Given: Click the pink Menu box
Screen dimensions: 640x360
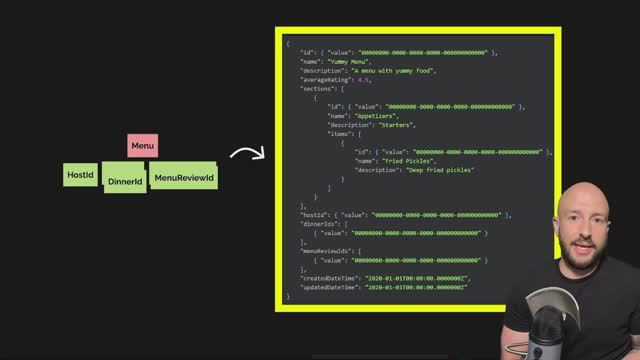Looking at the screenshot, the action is (142, 146).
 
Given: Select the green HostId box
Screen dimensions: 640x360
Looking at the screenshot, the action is (80, 176).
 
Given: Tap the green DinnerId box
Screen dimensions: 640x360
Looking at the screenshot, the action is (125, 181).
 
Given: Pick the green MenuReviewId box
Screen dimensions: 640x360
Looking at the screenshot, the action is (184, 178).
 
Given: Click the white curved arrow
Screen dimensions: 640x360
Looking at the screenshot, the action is (246, 153).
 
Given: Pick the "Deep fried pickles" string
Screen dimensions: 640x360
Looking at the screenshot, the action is (434, 169).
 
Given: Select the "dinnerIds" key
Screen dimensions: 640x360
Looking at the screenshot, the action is (320, 223).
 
